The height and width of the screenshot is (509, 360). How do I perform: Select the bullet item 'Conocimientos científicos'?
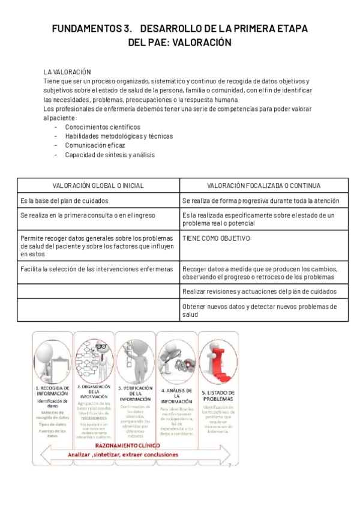103,127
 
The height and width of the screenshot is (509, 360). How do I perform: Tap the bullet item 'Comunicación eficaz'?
95,145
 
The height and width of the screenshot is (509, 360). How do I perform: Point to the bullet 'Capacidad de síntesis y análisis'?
110,154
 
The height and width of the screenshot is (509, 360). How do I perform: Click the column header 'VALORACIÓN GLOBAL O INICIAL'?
98,185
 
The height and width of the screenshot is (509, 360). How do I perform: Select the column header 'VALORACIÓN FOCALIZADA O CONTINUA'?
263,185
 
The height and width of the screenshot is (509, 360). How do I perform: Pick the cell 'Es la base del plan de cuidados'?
64,200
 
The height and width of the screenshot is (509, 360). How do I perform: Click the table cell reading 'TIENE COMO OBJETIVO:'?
217,238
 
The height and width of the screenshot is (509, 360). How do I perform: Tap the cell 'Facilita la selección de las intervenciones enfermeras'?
97,269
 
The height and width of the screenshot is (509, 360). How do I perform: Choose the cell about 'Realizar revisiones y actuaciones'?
259,291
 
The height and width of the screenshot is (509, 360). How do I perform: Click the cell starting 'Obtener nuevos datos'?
259,310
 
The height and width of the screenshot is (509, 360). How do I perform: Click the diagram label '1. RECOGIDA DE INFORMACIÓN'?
53,391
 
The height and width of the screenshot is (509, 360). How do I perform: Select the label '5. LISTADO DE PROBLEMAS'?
217,396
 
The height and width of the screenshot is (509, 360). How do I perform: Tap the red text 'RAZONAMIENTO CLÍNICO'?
134,446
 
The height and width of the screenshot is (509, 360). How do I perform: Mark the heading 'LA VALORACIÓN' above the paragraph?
67,71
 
